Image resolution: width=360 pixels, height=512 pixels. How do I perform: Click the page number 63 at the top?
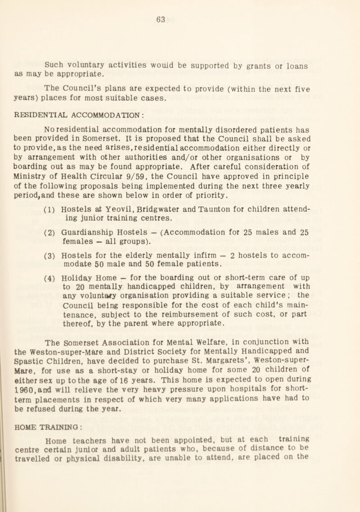point(180,19)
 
